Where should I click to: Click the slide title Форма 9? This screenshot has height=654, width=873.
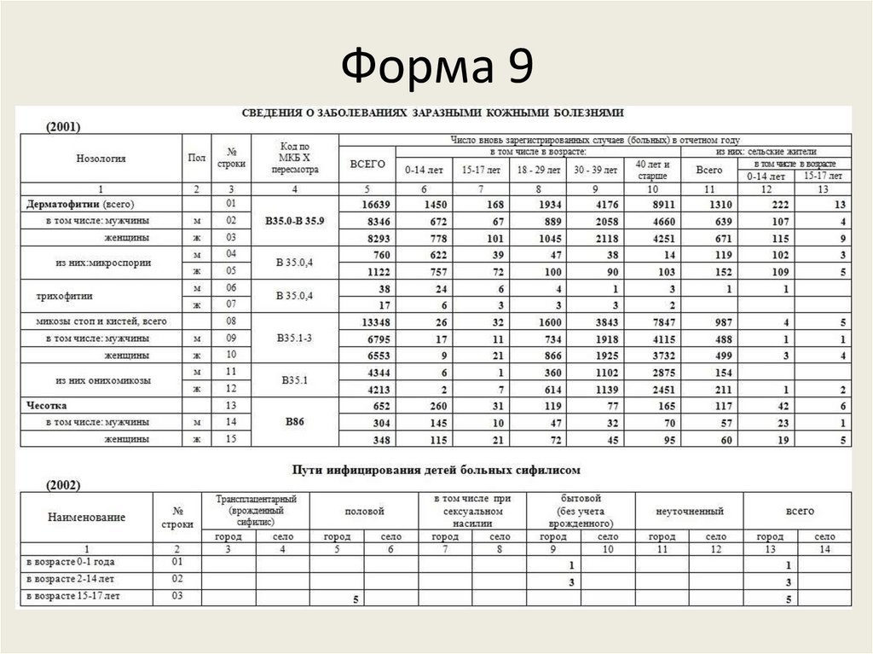click(x=436, y=67)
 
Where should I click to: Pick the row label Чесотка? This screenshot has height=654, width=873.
click(x=48, y=406)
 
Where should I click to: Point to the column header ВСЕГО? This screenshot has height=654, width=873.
click(x=367, y=164)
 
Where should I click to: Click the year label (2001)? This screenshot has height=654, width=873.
click(x=62, y=127)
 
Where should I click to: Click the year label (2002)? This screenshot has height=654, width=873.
click(x=62, y=484)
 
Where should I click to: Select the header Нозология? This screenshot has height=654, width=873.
click(x=101, y=159)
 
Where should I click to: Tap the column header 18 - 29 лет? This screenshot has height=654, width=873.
click(x=539, y=170)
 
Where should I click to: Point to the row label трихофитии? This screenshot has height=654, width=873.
click(x=64, y=296)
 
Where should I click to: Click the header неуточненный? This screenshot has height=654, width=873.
click(x=690, y=512)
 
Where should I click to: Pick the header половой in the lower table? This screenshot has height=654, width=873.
click(x=364, y=512)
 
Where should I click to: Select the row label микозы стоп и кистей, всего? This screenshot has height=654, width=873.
click(x=101, y=321)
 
